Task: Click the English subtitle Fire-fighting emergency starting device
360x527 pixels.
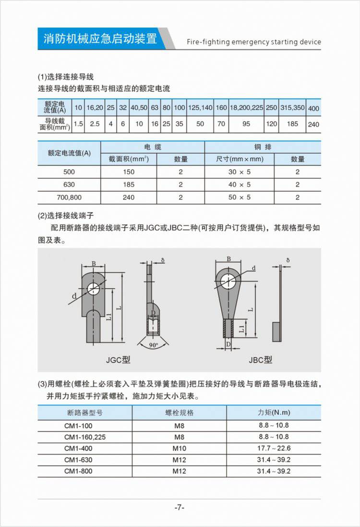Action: (x=253, y=42)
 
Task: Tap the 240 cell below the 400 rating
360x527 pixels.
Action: (x=313, y=124)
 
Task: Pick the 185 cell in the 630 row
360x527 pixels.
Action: (x=129, y=184)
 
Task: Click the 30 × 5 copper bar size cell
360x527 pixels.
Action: (x=239, y=172)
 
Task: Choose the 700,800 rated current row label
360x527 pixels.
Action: (x=69, y=197)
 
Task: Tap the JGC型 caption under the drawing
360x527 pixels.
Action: (x=118, y=360)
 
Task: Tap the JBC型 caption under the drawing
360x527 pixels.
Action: (x=260, y=360)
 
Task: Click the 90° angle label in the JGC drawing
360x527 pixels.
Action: (x=153, y=345)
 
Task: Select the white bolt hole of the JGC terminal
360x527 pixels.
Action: (x=94, y=289)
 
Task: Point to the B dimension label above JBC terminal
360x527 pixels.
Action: (x=229, y=259)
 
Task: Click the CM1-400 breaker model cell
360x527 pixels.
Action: (x=78, y=448)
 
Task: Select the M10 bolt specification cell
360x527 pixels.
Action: (x=179, y=448)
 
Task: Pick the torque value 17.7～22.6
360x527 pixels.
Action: (x=274, y=448)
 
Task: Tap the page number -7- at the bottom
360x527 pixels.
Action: (x=180, y=507)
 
